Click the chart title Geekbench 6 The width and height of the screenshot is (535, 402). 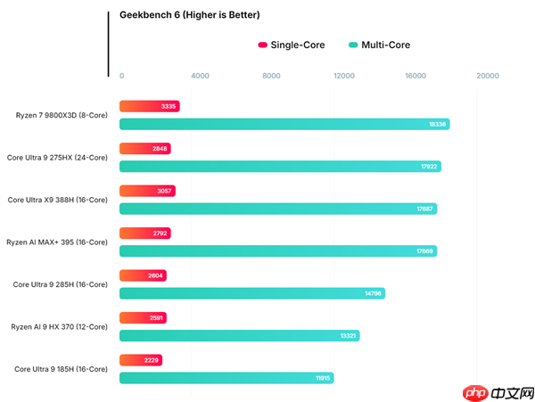tap(184, 15)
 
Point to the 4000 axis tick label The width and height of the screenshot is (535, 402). tap(200, 76)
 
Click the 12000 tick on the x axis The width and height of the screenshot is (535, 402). tap(344, 76)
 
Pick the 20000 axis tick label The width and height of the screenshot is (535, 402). tap(488, 76)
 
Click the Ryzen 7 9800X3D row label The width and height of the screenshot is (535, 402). tap(61, 115)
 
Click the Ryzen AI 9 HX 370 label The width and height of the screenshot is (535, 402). tap(59, 327)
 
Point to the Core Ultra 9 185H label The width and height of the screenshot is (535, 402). tap(61, 369)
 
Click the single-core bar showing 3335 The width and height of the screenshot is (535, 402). tap(149, 106)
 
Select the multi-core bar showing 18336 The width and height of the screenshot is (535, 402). tap(284, 124)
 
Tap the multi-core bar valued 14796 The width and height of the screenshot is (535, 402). tap(251, 293)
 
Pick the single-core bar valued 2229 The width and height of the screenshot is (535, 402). tap(140, 360)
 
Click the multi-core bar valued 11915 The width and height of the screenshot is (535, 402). tap(226, 378)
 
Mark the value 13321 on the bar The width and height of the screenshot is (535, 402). tap(348, 336)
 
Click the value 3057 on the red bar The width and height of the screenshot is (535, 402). tap(164, 191)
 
